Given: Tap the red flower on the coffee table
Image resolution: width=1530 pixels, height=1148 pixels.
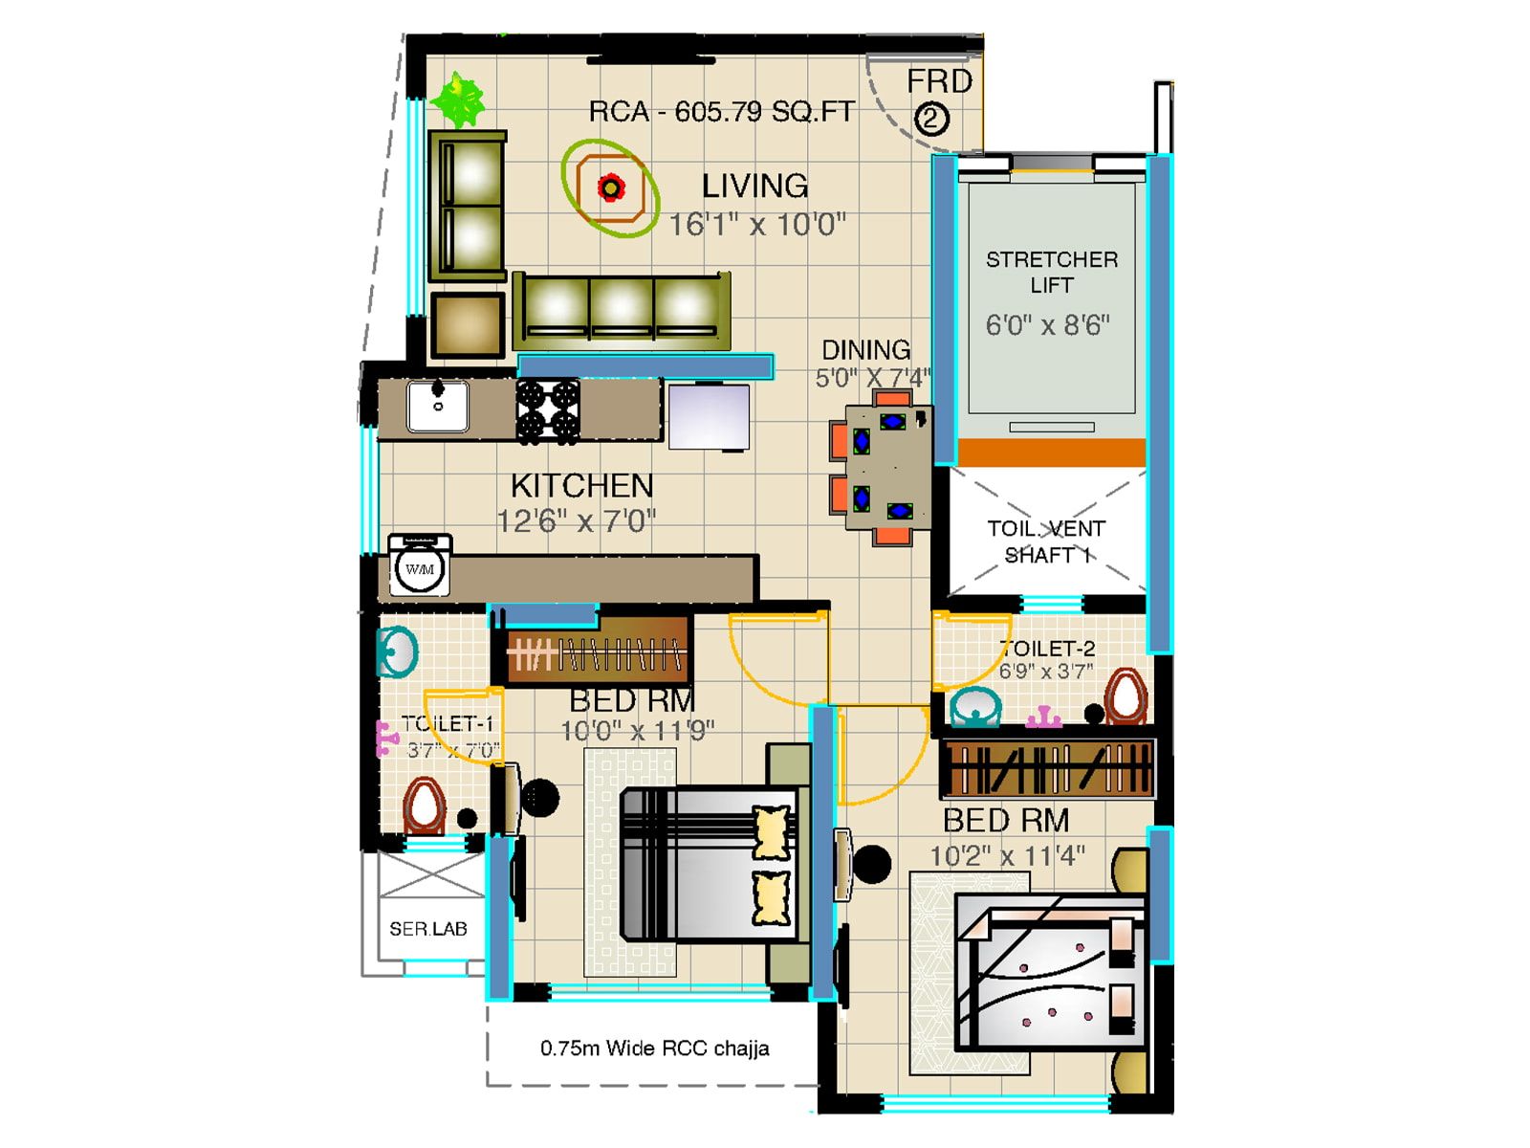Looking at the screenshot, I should tap(610, 188).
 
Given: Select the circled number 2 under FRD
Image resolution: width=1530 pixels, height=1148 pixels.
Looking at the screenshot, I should tap(931, 120).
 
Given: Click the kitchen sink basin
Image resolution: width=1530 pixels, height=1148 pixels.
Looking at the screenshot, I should tap(438, 406).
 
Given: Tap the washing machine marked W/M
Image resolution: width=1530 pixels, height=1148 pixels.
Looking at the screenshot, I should tap(420, 568).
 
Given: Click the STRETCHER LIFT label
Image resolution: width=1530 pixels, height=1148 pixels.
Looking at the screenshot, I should tap(1051, 272).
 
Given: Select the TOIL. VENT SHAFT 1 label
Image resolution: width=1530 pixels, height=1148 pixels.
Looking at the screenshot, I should tap(1046, 541).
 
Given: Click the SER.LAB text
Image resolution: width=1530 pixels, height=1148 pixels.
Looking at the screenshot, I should tap(427, 929).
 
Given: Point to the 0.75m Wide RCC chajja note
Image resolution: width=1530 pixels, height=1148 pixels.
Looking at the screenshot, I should tap(654, 1049).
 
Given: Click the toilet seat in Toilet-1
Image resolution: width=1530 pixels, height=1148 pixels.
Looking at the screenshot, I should tap(424, 806).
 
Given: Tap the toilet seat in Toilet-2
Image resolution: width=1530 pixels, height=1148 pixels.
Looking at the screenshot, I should tap(1126, 695).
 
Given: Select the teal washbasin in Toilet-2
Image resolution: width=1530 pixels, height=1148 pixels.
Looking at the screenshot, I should tap(975, 708).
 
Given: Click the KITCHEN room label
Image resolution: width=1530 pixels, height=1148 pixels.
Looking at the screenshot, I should tap(581, 486).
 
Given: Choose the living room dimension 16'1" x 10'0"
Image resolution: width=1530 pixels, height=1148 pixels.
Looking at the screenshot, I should tap(756, 225).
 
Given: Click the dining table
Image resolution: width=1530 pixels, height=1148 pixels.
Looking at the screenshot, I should tap(887, 466).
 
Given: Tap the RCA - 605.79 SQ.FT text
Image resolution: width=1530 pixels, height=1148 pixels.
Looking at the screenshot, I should tap(721, 112).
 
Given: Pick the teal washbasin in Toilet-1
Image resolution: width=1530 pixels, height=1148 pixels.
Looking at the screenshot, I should tap(397, 652).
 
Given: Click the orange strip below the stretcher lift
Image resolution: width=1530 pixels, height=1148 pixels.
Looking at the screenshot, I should tap(1051, 452).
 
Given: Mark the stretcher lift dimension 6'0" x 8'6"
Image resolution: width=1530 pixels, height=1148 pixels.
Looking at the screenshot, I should tap(1047, 325).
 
